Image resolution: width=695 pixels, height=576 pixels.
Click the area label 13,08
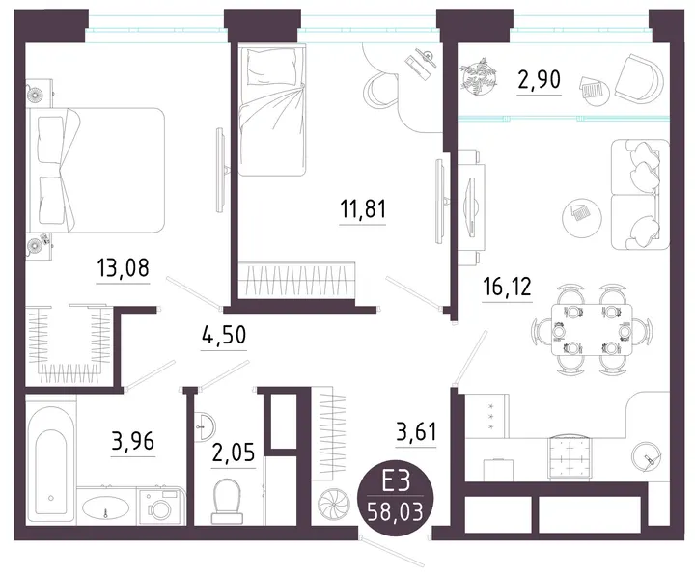tap(123, 267)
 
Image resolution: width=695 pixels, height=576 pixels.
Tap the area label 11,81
tap(363, 208)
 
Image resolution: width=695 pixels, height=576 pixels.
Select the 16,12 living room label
tap(507, 287)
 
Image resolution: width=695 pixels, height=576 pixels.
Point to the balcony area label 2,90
tap(539, 79)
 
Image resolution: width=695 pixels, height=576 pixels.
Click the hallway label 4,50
tap(223, 335)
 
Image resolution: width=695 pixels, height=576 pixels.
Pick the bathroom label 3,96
tap(133, 441)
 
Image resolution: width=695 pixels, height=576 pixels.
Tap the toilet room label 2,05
tap(234, 453)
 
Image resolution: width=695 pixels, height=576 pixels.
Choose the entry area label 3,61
tap(416, 431)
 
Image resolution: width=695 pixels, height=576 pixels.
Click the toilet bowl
tap(228, 502)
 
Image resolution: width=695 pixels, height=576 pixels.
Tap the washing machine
tap(161, 507)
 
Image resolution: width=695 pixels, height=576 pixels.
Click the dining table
tap(592, 329)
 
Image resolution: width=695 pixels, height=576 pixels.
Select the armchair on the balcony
tap(639, 78)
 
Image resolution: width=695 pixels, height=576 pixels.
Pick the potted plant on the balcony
tap(478, 76)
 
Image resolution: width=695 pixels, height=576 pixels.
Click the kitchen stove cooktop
tap(570, 456)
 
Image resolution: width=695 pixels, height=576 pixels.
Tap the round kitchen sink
tap(647, 456)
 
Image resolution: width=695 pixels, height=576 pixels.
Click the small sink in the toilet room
tap(205, 425)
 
